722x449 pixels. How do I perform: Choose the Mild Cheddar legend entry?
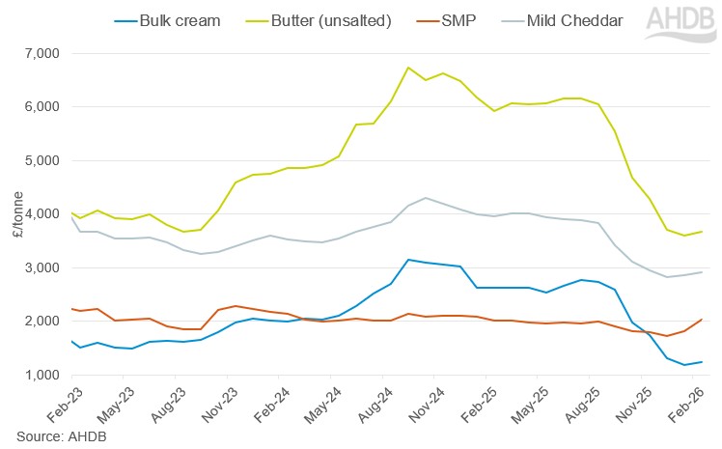(x=574, y=19)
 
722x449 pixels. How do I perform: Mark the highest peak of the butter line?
(x=408, y=68)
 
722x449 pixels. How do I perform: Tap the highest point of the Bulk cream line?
(x=408, y=260)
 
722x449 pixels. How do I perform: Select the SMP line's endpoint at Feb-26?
(x=700, y=320)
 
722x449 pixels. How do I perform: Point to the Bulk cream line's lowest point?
(x=683, y=365)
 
